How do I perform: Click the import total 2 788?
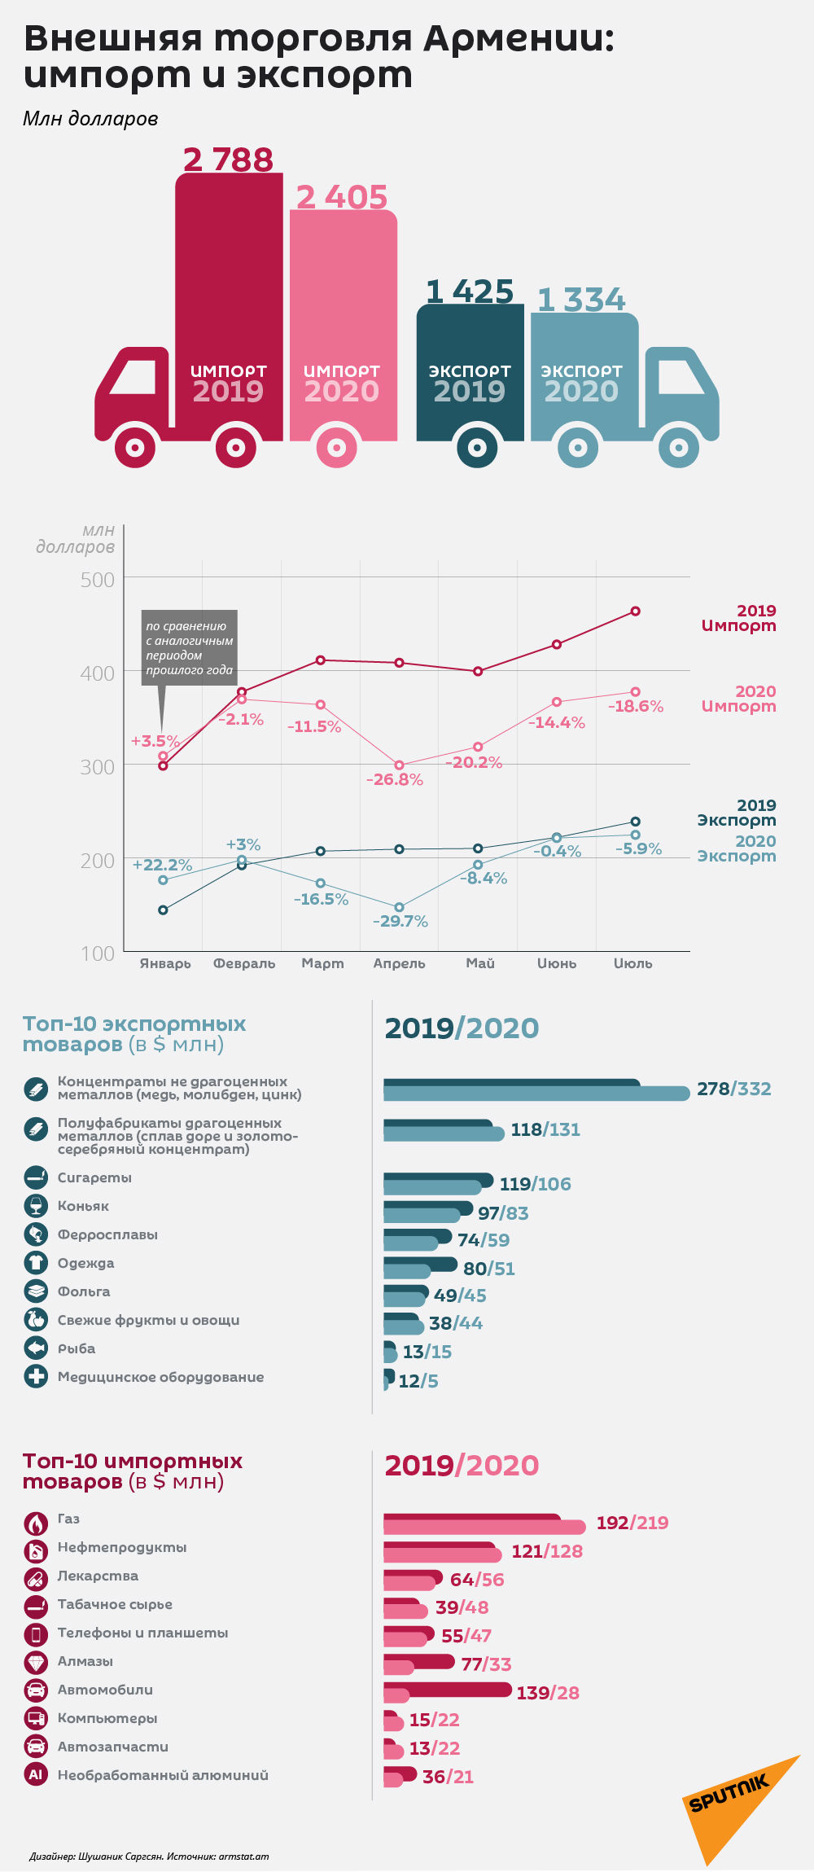(228, 160)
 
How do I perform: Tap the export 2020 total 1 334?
(581, 300)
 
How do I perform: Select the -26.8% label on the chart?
(395, 779)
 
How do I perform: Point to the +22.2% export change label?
(162, 865)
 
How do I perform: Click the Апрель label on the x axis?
(399, 963)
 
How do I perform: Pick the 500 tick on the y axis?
(98, 580)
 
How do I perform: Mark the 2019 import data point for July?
(636, 611)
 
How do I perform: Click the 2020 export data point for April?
(399, 907)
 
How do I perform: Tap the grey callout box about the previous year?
(190, 648)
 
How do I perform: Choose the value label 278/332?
(733, 1089)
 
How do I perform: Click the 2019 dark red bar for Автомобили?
(448, 1690)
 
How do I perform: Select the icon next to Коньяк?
(36, 1206)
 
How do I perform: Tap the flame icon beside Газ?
(36, 1523)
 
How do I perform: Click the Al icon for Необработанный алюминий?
(36, 1775)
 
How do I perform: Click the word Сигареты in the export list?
(94, 1177)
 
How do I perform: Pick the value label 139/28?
(548, 1693)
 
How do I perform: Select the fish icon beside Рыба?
(36, 1348)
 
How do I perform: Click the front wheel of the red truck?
(136, 447)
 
